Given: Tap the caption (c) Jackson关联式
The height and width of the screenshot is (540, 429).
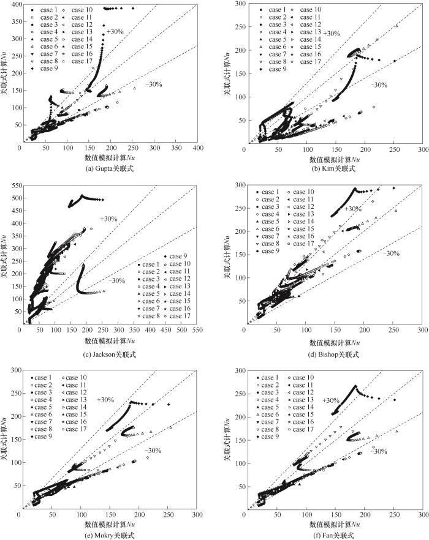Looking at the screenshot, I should tap(110, 354).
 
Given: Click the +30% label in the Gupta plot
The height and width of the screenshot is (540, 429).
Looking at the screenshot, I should tap(115, 31).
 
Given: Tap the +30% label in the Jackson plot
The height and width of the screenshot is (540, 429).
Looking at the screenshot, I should tap(108, 219).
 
